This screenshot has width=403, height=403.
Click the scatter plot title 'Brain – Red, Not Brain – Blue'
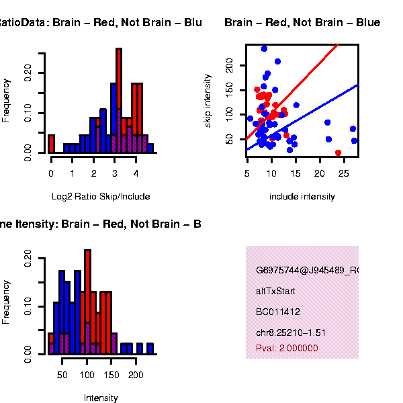pyautogui.click(x=302, y=23)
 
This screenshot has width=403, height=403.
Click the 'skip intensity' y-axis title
pyautogui.click(x=208, y=101)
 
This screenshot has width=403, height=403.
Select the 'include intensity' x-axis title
pyautogui.click(x=302, y=197)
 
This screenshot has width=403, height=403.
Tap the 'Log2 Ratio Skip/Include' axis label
pyautogui.click(x=101, y=197)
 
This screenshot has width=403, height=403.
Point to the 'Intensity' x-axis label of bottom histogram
pyautogui.click(x=101, y=398)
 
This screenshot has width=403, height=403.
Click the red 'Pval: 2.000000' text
pyautogui.click(x=287, y=349)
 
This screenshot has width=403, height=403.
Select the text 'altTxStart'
pyautogui.click(x=275, y=292)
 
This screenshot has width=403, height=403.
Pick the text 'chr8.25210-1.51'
pyautogui.click(x=291, y=332)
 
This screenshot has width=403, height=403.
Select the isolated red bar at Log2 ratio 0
pyautogui.click(x=51, y=144)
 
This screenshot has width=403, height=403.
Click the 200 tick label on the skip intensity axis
pyautogui.click(x=228, y=64)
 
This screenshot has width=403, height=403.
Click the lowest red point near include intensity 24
pyautogui.click(x=338, y=153)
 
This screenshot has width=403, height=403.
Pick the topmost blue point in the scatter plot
pyautogui.click(x=264, y=48)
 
